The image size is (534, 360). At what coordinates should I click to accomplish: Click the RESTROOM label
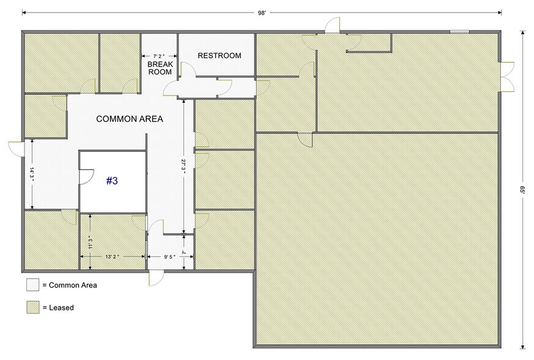click(219, 56)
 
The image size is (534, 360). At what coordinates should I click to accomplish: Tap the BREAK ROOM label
click(160, 67)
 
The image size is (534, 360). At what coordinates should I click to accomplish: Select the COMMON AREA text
click(130, 119)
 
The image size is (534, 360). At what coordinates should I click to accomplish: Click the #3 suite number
click(112, 181)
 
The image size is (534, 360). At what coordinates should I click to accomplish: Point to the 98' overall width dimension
click(261, 12)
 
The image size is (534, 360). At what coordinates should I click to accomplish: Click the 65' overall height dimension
click(523, 190)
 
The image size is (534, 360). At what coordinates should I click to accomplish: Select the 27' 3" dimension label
click(183, 167)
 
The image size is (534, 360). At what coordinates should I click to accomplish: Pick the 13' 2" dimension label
click(114, 257)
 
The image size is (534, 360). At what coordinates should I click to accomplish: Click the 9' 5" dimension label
click(171, 257)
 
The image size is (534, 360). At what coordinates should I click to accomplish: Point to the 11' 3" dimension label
click(89, 242)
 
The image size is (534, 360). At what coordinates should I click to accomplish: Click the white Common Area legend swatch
click(32, 285)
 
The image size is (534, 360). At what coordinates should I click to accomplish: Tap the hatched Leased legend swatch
click(32, 307)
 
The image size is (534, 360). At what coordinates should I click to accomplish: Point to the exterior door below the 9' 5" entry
click(157, 276)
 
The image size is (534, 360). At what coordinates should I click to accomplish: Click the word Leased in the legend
click(61, 307)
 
